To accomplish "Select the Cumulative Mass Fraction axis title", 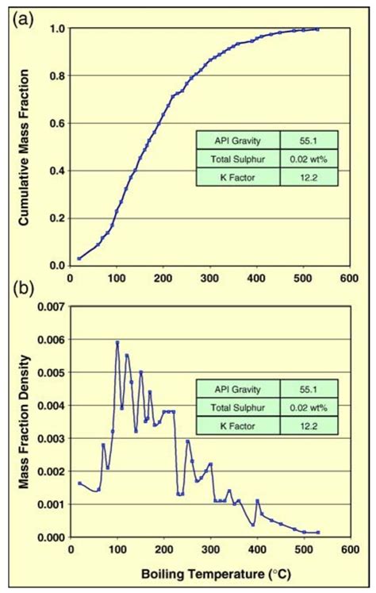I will tap(25, 148).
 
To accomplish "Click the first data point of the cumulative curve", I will tap(79, 258).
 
